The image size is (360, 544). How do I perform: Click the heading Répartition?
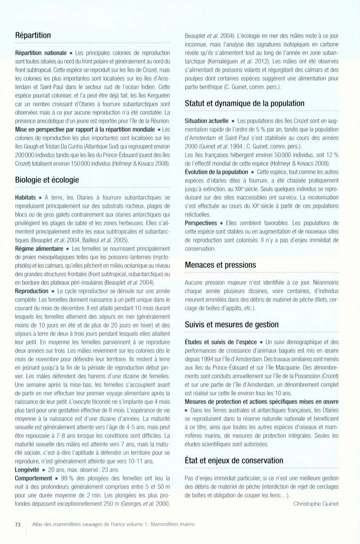point(33,35)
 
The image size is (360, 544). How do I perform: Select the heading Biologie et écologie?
point(47,180)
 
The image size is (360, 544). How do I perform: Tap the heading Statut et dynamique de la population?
point(244,103)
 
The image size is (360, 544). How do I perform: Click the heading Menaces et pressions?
point(220,265)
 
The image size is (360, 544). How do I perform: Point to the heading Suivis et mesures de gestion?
point(232,325)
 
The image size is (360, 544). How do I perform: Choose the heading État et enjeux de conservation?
point(234,460)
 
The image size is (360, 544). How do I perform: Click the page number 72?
point(18,524)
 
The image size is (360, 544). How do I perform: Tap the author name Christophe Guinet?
point(316,504)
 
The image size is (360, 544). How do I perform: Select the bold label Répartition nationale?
point(40,53)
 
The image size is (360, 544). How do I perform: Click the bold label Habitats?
point(25,198)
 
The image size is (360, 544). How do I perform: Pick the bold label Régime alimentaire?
point(39,249)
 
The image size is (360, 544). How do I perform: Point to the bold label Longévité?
point(27,470)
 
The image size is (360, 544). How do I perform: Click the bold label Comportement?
point(34,478)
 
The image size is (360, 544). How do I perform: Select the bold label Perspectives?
point(201,223)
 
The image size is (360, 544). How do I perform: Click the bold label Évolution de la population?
point(216,172)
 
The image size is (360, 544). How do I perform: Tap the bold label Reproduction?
point(32,291)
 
